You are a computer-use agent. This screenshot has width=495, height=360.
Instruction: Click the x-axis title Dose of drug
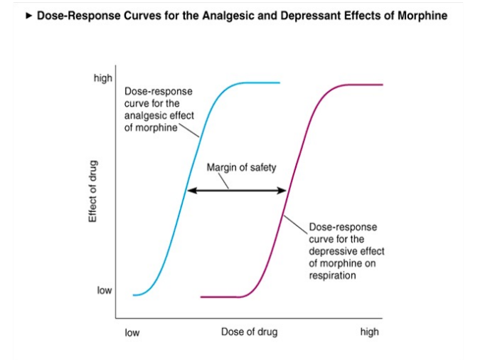click(x=249, y=332)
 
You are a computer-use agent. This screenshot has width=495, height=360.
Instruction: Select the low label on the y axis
click(x=105, y=290)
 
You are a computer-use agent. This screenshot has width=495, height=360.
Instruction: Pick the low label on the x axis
click(x=132, y=332)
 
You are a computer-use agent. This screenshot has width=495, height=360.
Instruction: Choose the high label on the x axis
click(x=369, y=332)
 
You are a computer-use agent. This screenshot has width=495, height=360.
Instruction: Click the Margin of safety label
click(x=240, y=168)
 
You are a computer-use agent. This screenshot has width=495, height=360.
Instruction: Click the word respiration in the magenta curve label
click(x=332, y=275)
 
